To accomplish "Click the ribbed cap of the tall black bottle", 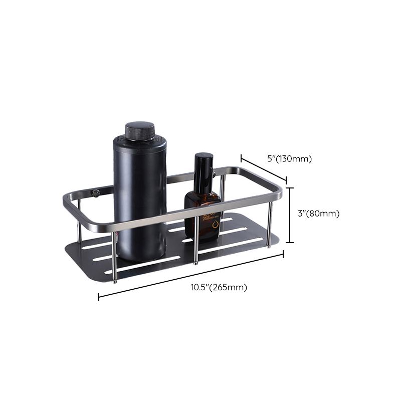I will [140, 130].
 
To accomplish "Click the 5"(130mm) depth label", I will [289, 159].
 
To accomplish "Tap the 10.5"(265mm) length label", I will [219, 288].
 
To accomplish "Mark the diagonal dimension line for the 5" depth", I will [263, 169].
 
